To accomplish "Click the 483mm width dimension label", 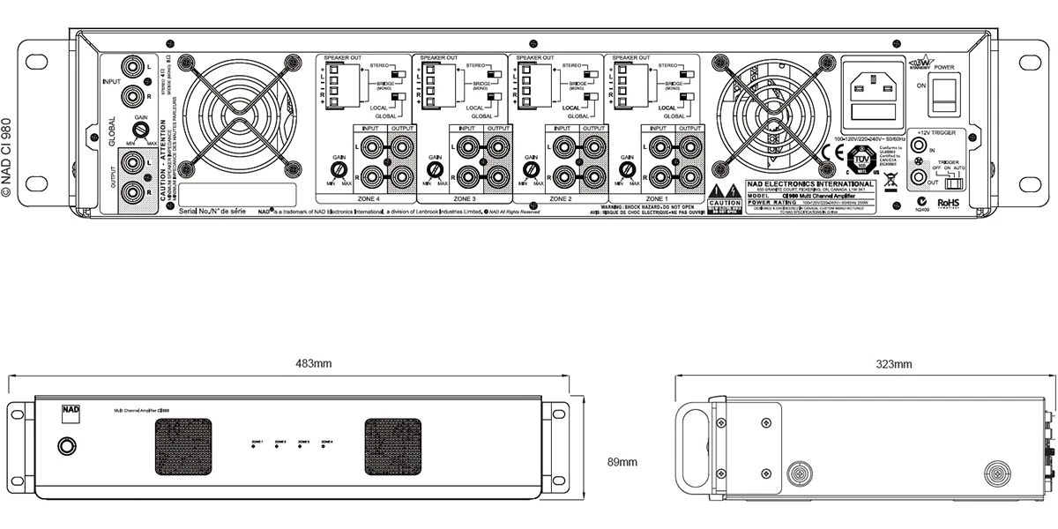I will click(313, 363).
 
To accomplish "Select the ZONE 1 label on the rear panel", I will click(657, 199).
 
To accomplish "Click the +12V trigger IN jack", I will click(921, 151).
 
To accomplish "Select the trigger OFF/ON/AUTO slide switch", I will click(952, 183).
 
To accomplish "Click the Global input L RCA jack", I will click(134, 65).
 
